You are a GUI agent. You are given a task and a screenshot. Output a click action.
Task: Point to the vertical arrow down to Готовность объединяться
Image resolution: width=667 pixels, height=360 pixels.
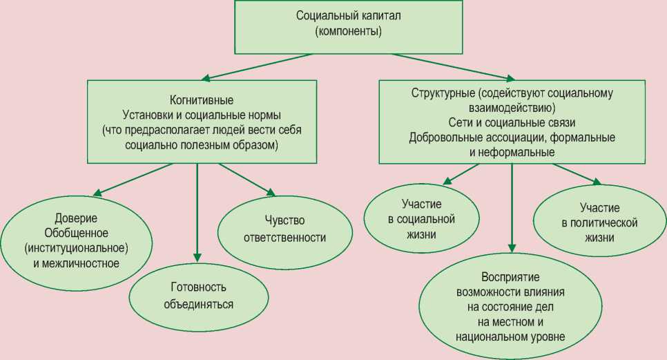pyautogui.click(x=197, y=207)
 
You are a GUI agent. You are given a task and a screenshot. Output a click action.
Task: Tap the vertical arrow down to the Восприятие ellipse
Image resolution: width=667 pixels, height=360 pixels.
pyautogui.click(x=512, y=207)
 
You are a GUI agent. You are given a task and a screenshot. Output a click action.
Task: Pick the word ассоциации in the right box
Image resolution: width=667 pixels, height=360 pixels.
pyautogui.click(x=502, y=138)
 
